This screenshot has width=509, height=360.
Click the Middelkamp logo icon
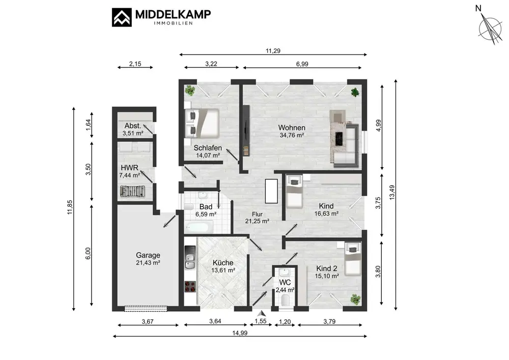pyautogui.click(x=122, y=17)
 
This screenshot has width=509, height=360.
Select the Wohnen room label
pyautogui.click(x=292, y=128)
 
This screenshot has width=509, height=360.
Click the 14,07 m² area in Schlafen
pyautogui.click(x=208, y=155)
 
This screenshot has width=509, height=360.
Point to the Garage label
pyautogui.click(x=148, y=255)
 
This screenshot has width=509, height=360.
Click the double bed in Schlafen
pyautogui.click(x=202, y=123)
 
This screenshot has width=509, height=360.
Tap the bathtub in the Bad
pyautogui.click(x=199, y=227)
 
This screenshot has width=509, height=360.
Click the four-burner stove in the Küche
pyautogui.click(x=190, y=287)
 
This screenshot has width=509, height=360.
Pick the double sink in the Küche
pyautogui.click(x=190, y=262)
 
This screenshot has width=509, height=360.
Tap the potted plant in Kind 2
pyautogui.click(x=355, y=299)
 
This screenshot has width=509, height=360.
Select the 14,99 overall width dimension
pyautogui.click(x=240, y=333)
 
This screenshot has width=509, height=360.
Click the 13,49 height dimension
pyautogui.click(x=392, y=192)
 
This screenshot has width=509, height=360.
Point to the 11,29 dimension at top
pyautogui.click(x=273, y=50)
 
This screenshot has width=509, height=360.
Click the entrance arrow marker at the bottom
pyautogui.click(x=261, y=313)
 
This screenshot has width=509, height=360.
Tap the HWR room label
pyautogui.click(x=129, y=168)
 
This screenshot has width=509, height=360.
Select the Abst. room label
pyautogui.click(x=133, y=126)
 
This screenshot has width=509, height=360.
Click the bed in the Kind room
pyautogui.click(x=295, y=192)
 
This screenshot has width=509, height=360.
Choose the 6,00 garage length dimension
pyautogui.click(x=88, y=254)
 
